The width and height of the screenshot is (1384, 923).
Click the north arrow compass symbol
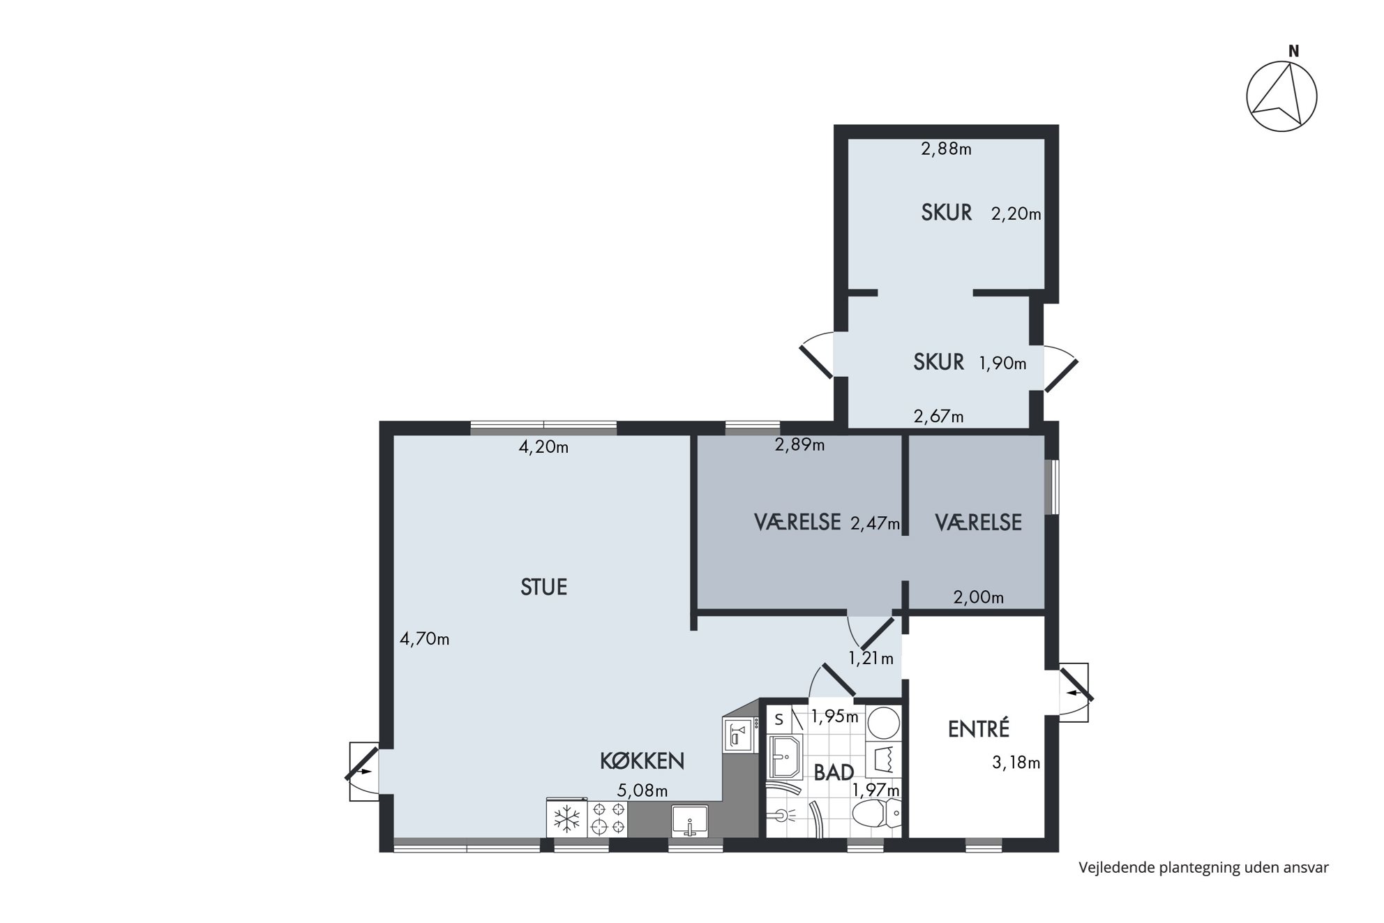[1281, 96]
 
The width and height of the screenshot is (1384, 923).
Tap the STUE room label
[543, 587]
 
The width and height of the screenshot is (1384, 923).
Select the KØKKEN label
[642, 761]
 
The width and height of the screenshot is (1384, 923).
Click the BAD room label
[834, 772]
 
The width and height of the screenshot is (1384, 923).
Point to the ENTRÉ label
[979, 729]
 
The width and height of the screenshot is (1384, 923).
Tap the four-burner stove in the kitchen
[608, 818]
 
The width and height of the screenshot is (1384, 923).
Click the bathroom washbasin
[785, 756]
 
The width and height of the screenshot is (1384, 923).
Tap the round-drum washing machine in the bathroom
[882, 723]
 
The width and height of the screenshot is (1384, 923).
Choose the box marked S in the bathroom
[779, 719]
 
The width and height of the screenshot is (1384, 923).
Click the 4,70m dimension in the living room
[424, 638]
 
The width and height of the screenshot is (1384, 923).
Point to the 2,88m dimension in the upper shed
[946, 149]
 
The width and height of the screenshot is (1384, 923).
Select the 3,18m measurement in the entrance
[1016, 763]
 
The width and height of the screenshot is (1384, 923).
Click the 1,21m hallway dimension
[871, 658]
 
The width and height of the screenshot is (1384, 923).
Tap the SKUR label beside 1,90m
[939, 362]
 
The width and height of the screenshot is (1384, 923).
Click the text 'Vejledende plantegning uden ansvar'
[1203, 868]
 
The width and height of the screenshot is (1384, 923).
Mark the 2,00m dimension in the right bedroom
[979, 597]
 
